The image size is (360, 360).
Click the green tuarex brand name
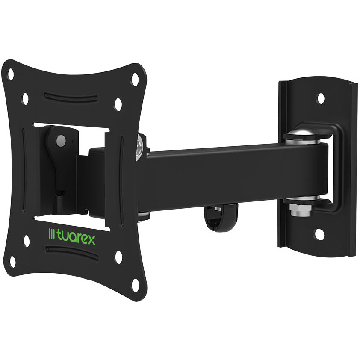pyautogui.click(x=76, y=239)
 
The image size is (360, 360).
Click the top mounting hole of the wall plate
pyautogui.click(x=321, y=98)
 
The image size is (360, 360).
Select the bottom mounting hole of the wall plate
pyautogui.click(x=319, y=234)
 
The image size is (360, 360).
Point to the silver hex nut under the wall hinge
pyautogui.click(x=301, y=210)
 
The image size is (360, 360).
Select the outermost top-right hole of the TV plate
pyautogui.click(x=135, y=78)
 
